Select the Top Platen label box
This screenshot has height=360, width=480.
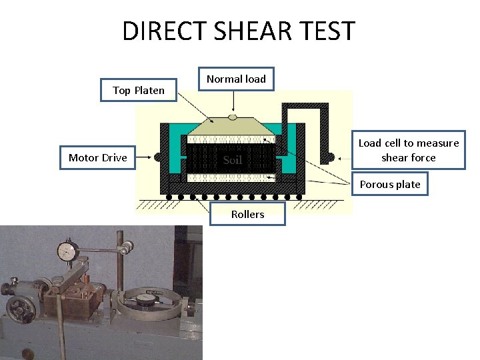coord(139,90)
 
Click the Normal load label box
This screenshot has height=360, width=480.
coord(236,79)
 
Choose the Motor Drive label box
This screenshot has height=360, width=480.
coord(98,157)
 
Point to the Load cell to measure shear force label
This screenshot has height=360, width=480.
coord(409,150)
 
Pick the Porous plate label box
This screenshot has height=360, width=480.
coord(390,184)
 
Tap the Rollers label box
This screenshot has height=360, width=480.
coord(247,214)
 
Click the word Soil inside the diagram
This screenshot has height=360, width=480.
coord(232,160)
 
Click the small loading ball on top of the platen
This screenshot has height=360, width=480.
coord(232,117)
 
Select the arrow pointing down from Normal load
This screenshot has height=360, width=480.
coord(233,101)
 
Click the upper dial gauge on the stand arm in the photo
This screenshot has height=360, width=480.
coord(67,251)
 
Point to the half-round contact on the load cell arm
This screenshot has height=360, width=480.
coord(329,157)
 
